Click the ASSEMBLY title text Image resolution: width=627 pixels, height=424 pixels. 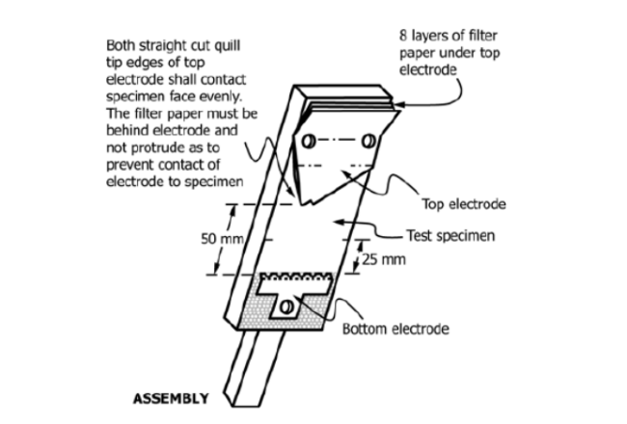point(171,398)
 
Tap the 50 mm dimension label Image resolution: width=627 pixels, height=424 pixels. point(222,239)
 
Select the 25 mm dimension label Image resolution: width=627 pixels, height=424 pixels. point(384,260)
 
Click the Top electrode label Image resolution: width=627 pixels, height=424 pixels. point(464,204)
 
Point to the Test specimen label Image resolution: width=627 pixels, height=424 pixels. point(450,235)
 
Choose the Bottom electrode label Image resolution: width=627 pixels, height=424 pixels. point(395,329)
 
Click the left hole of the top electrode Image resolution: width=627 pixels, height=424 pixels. point(309,141)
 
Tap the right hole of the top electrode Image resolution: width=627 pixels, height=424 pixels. point(368,141)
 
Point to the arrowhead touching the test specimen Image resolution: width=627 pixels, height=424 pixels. point(339,221)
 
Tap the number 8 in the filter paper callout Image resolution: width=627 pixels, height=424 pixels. point(403,36)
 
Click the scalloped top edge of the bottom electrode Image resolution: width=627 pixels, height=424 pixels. point(296,277)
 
